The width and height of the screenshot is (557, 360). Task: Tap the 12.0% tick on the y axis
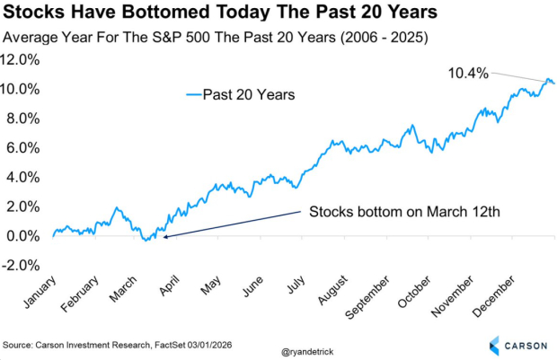click(22, 59)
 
